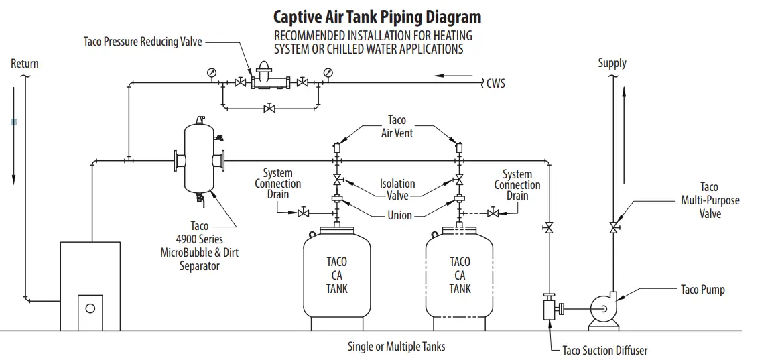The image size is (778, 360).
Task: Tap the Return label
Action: click(x=25, y=64)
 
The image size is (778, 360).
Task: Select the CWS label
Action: click(x=496, y=84)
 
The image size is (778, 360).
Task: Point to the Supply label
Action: click(x=612, y=63)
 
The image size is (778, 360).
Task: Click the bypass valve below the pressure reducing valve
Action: click(x=269, y=108)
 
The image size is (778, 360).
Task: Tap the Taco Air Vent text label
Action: click(x=397, y=127)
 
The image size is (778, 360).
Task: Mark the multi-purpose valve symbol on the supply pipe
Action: click(x=613, y=228)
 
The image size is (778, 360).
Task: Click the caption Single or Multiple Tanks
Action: click(x=396, y=347)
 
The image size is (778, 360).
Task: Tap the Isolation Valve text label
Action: click(x=397, y=190)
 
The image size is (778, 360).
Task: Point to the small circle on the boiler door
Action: click(x=90, y=308)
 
